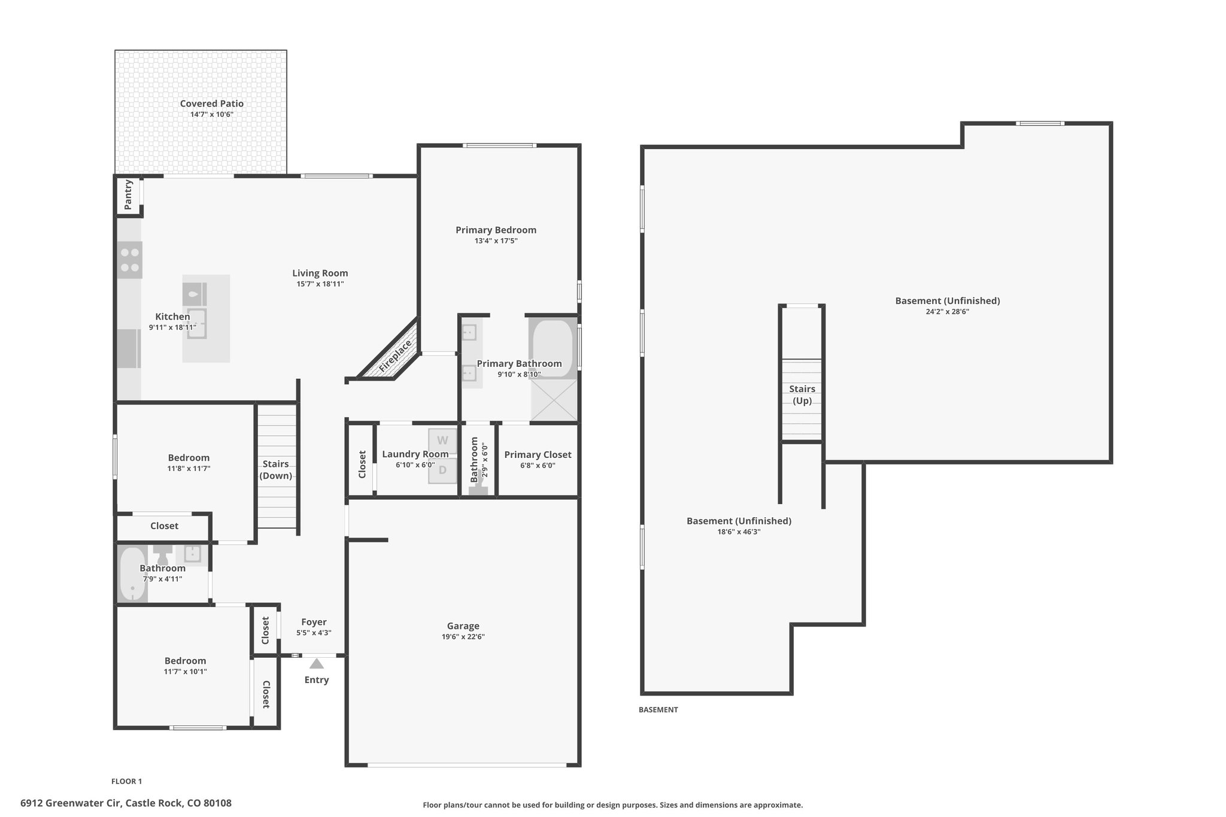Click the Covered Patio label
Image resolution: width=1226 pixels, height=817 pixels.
212,104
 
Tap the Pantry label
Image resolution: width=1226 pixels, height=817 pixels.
128,195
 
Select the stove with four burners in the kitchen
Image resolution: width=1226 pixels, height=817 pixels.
130,260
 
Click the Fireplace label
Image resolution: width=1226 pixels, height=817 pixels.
396,356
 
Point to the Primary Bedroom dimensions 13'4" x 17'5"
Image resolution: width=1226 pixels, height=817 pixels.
496,241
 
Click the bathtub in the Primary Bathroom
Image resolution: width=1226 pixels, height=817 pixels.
553,349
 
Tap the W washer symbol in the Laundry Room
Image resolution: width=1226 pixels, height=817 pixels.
442,441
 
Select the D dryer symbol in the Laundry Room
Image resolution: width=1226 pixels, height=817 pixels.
442,470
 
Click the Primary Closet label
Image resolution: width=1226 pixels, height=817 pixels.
538,455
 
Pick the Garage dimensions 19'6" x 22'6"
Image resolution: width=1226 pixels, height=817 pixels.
463,637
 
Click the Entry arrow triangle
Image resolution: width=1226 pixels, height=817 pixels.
317,664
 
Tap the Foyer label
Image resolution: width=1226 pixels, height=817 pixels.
314,622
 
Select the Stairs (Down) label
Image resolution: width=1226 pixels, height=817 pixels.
276,470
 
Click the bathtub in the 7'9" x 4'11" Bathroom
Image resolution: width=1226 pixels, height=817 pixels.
132,575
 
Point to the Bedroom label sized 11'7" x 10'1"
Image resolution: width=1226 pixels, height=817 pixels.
186,661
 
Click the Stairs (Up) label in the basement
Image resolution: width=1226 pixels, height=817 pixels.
802,395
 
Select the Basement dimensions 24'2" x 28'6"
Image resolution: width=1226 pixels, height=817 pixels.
948,312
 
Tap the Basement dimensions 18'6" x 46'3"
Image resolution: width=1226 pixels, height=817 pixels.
739,531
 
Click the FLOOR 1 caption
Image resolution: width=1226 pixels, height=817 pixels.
126,781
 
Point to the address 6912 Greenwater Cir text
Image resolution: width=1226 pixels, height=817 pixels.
70,803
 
